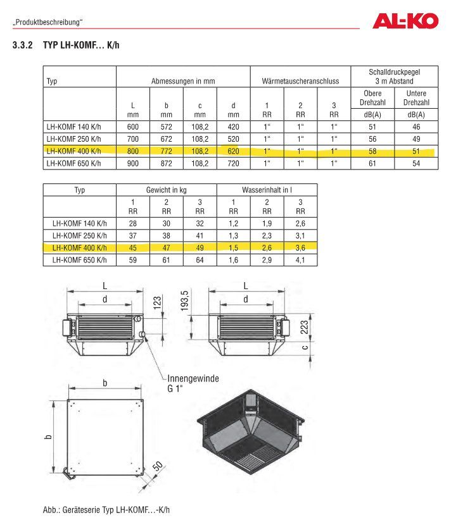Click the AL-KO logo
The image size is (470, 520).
click(x=405, y=21)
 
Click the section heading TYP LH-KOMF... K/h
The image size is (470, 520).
click(x=81, y=45)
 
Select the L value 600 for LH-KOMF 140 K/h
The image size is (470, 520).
click(x=133, y=127)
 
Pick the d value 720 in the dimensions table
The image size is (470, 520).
click(x=233, y=163)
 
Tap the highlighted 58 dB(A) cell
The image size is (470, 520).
click(x=372, y=151)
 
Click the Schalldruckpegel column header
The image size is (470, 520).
click(x=394, y=77)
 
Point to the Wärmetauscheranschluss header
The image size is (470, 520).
click(x=300, y=81)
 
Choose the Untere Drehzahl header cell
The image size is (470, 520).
click(x=416, y=98)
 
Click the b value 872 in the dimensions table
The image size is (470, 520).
click(x=167, y=163)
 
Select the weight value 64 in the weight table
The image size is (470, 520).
click(x=200, y=260)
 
